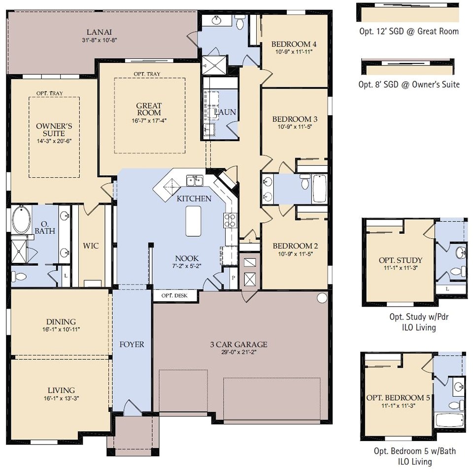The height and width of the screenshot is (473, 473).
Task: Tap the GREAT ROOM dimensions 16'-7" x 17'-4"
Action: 149,120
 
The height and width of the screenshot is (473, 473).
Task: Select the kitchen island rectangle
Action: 194,221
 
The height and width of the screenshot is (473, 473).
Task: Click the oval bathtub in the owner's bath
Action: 21,220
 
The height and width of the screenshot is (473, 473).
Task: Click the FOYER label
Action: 132,344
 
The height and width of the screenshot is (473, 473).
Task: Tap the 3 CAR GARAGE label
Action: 238,344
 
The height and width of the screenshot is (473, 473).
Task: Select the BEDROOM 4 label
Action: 294,44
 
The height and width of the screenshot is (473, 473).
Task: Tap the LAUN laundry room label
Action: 225,112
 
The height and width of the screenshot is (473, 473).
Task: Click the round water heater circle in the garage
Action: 322,297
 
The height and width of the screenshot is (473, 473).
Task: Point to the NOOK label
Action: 187,258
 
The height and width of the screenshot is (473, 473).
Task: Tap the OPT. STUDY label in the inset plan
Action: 400,260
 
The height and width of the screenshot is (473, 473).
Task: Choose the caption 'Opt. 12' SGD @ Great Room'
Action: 408,32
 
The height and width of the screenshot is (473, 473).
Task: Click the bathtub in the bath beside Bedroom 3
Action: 319,189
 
